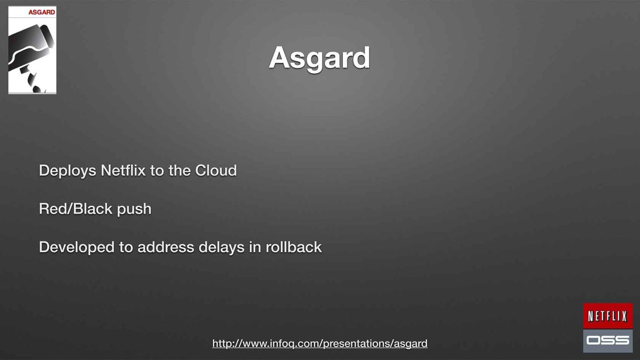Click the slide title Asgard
(320, 59)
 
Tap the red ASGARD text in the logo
(42, 12)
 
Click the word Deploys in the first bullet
(68, 171)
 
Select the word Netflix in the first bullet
(123, 170)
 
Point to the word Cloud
(216, 170)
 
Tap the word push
(134, 210)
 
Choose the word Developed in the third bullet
(77, 247)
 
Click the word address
(166, 247)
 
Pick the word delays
(222, 248)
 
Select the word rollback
(294, 247)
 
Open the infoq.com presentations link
(320, 344)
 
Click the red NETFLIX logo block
(608, 316)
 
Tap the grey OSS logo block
(608, 341)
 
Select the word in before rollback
(255, 247)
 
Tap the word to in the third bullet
(126, 248)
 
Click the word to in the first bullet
(157, 171)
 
